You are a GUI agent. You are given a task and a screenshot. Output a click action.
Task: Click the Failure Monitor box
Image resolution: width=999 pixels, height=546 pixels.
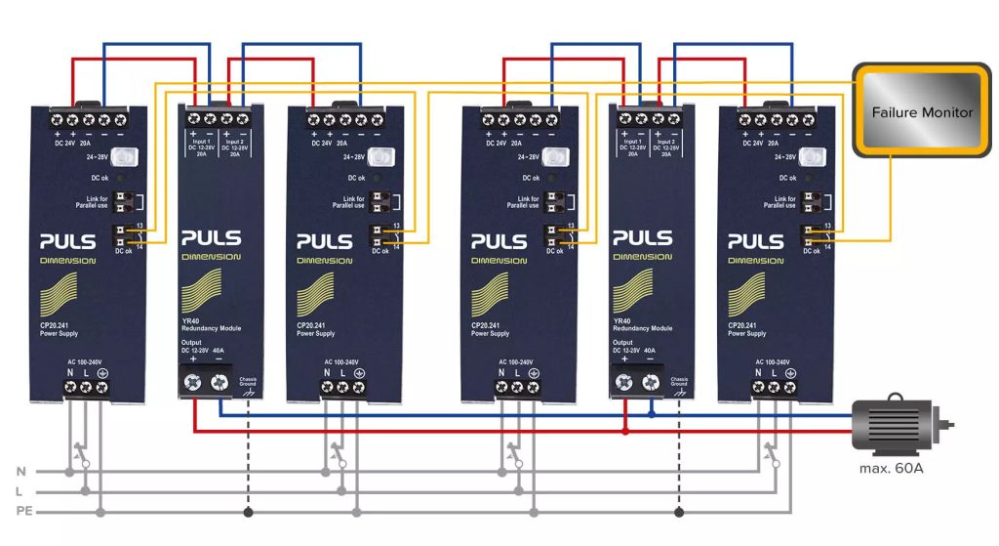[x=921, y=112]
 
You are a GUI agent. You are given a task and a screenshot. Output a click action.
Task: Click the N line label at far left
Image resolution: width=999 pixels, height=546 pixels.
[x=20, y=472]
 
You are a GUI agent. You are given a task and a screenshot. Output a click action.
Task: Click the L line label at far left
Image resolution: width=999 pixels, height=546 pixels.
[x=20, y=491]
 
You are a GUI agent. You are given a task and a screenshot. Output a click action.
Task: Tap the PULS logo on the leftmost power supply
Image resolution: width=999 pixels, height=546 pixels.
[x=68, y=241]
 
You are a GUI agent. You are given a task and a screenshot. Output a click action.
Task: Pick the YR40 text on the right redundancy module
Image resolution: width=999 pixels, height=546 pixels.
[x=622, y=319]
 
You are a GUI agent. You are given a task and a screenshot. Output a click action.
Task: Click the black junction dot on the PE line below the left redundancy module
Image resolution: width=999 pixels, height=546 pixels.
[x=250, y=511]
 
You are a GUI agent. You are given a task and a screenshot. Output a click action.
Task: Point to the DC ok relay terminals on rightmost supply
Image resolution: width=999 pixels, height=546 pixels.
[x=809, y=235]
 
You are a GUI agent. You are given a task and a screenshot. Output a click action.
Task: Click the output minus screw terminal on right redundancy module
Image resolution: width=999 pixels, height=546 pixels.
[x=651, y=386]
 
